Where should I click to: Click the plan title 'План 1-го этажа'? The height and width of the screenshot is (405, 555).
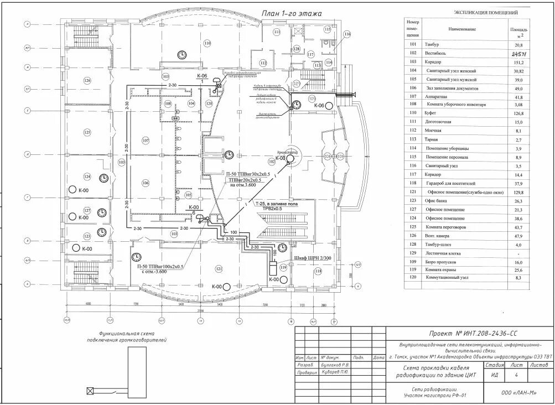tap(291, 13)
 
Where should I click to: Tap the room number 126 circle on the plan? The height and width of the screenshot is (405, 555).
tap(87, 81)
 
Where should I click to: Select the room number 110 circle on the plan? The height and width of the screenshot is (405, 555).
tap(208, 43)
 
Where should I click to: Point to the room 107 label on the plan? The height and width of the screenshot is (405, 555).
tap(146, 141)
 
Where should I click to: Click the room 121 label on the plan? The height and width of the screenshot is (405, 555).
tap(219, 268)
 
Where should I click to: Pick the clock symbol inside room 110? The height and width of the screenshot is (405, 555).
tap(181, 54)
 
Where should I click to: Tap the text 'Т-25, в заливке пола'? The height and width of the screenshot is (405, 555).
tap(276, 204)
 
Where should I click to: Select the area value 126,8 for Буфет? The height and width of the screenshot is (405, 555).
tap(518, 113)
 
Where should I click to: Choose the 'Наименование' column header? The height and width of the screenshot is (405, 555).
tap(463, 29)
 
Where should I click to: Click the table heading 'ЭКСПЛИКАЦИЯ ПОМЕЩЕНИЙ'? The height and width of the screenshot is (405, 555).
tap(485, 12)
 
